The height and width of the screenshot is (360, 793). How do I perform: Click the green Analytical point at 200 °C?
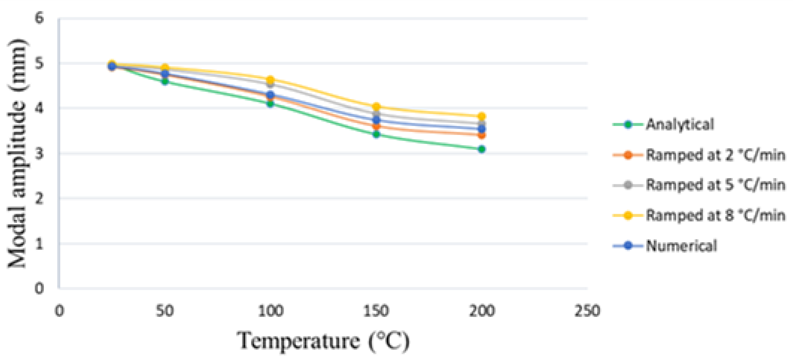pos(482,149)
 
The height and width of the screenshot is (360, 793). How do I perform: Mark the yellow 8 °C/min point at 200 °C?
pos(482,116)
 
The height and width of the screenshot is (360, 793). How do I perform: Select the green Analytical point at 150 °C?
pos(376,134)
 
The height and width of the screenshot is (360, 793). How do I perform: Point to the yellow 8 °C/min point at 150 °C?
pos(376,107)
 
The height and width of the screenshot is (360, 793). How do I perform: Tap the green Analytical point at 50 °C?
pos(165,81)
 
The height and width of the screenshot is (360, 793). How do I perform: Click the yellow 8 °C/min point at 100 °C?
pos(271,80)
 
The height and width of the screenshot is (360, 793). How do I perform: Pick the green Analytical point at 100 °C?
pos(271,104)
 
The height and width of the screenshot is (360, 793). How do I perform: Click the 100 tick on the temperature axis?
pos(271,311)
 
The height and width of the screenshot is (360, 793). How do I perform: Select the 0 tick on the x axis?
pos(59,311)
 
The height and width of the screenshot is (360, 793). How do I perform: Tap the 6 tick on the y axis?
pos(39,18)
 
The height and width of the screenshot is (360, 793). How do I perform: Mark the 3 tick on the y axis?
pos(39,153)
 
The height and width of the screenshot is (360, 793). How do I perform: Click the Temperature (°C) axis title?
pos(323,341)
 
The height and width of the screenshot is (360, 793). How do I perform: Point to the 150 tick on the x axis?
pos(376,311)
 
